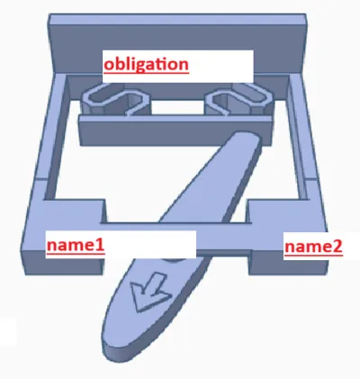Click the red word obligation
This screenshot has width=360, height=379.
point(146,64)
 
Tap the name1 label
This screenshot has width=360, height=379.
point(76,245)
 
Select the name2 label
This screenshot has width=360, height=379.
point(313,247)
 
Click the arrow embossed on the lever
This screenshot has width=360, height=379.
point(148,290)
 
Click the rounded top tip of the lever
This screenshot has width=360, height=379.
point(246,138)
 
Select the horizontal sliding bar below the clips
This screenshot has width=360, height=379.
point(175,131)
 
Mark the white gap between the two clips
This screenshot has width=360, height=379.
point(177,107)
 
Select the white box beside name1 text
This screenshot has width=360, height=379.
point(150,245)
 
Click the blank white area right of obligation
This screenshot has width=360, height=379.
point(221,66)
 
